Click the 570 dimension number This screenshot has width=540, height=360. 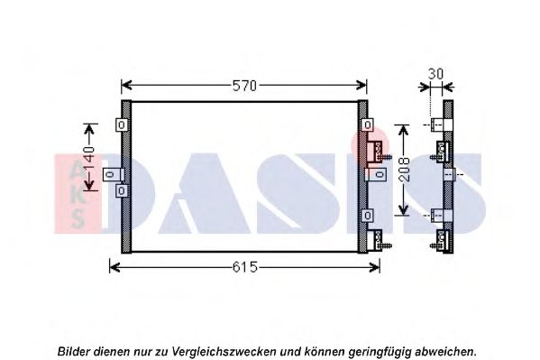pos(244,86)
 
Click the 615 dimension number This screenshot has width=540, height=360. pos(245,267)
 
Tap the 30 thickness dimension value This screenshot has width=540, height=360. pos(435,74)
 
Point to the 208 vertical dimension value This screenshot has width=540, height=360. pos(405,170)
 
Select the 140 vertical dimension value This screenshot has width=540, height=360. pos(89,158)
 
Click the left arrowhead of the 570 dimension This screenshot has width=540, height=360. pos(126,85)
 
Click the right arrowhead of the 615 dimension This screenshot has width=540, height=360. pos(374,267)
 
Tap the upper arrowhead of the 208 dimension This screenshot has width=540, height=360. pos(403,130)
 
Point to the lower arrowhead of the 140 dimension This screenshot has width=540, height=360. pos(89,185)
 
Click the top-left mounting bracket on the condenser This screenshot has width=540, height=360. pos(122,125)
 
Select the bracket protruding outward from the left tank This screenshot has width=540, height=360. pos(113,174)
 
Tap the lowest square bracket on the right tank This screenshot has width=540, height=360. pos(368,216)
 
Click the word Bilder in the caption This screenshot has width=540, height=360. pos(74,352)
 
